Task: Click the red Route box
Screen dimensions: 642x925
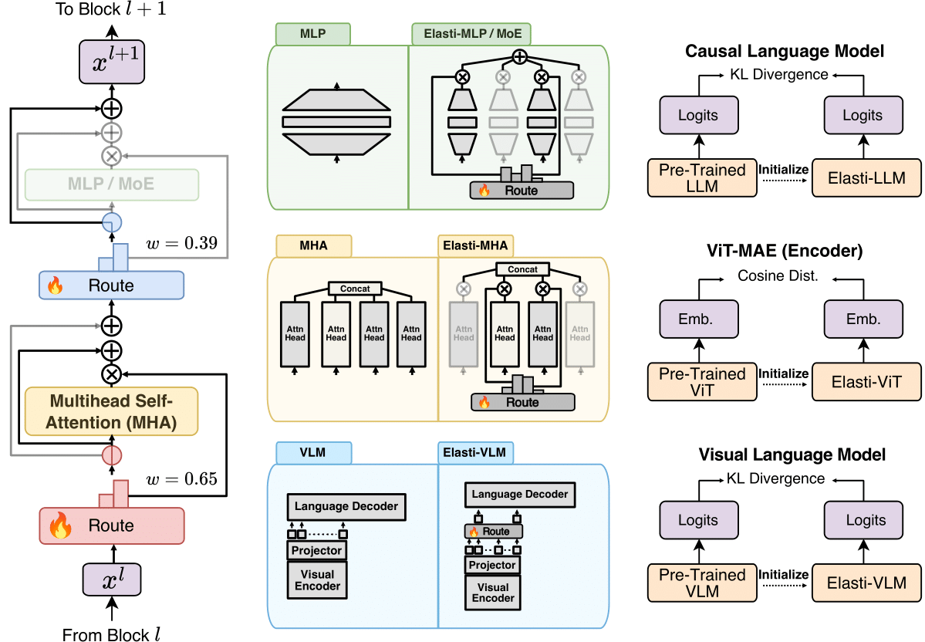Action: coord(112,525)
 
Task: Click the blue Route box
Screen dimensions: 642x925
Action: coord(111,286)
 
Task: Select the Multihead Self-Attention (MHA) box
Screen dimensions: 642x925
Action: coord(112,411)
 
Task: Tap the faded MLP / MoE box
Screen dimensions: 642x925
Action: coord(112,184)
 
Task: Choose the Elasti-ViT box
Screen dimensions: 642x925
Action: coord(863,380)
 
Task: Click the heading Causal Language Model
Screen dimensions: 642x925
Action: coord(785,52)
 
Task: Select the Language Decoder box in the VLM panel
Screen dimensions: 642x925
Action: coord(346,506)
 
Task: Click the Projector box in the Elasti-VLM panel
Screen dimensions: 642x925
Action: coord(491,565)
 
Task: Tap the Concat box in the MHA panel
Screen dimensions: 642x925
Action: coord(356,289)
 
